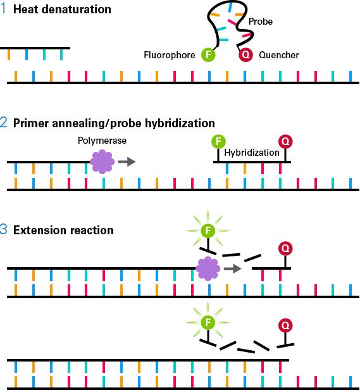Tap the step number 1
click(x=4, y=9)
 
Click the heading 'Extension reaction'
click(x=65, y=230)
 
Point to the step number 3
click(x=4, y=230)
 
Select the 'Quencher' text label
click(x=279, y=55)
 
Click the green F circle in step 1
click(x=209, y=55)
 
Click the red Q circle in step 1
click(x=245, y=55)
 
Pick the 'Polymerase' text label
click(x=97, y=142)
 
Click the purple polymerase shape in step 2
click(x=101, y=161)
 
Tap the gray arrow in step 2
click(x=127, y=161)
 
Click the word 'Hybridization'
click(x=252, y=153)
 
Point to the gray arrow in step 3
click(x=234, y=268)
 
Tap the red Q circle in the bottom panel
click(x=285, y=326)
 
